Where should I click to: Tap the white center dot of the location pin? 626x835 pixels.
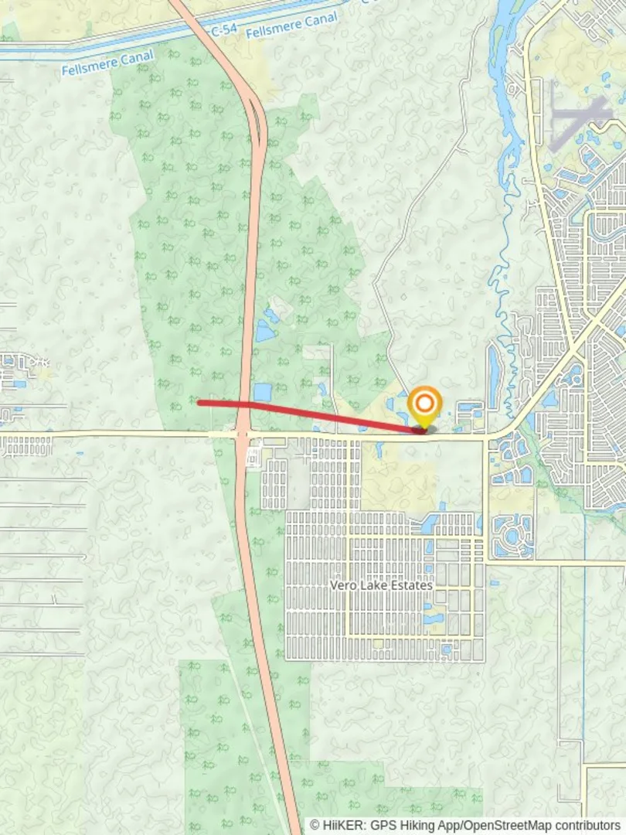[424, 403]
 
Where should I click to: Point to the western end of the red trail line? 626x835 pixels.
[199, 402]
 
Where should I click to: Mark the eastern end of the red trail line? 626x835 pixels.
[423, 430]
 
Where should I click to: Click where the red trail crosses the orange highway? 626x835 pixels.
[246, 404]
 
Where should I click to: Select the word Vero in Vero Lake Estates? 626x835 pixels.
[344, 585]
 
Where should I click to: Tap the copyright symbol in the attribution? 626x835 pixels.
[315, 825]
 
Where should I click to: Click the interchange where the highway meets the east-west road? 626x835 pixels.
[243, 435]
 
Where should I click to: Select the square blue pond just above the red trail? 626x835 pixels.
[262, 392]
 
